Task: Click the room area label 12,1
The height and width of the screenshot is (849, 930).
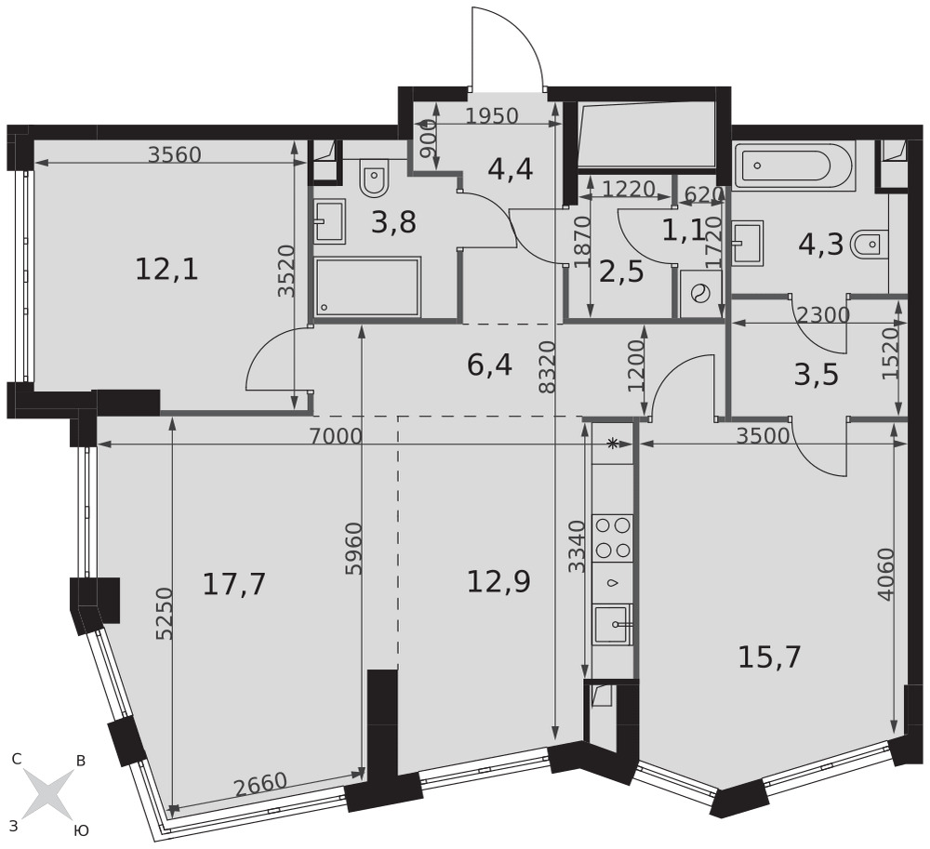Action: coord(166,271)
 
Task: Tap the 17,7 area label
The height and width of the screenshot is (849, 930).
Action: coord(233,584)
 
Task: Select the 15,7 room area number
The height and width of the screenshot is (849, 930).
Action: coord(770,657)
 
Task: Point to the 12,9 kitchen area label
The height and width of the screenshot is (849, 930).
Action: coord(498,581)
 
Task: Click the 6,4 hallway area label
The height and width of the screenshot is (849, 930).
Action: coord(489,365)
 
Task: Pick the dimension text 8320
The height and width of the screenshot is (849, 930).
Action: coord(549,366)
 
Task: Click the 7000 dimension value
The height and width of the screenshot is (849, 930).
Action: coord(335,436)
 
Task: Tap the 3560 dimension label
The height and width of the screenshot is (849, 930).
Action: coord(175,154)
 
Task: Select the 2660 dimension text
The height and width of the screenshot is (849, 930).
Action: coord(260,785)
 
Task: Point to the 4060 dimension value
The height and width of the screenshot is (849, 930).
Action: coord(884,575)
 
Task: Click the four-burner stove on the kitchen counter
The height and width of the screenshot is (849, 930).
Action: coord(613,537)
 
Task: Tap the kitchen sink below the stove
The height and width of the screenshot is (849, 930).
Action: coord(613,624)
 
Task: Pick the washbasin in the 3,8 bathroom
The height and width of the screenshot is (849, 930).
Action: coord(329,220)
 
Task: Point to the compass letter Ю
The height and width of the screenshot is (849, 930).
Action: coord(81,830)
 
